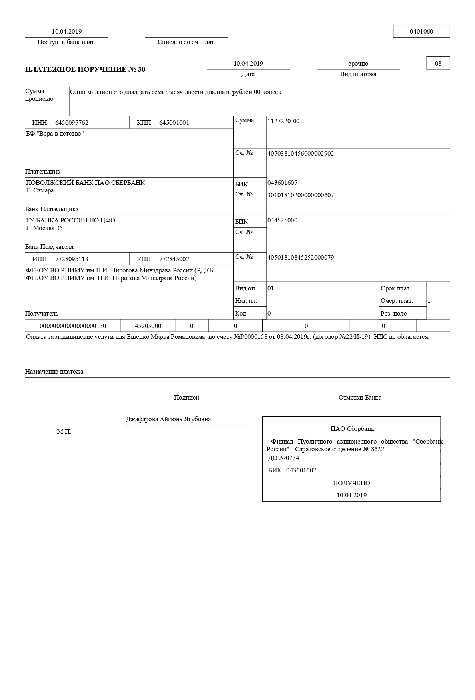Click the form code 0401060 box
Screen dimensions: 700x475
pos(421,31)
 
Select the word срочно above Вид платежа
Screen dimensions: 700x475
pos(358,64)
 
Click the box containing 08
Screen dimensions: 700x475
pos(438,63)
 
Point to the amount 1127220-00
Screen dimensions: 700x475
pos(283,121)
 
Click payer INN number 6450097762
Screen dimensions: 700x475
pos(72,123)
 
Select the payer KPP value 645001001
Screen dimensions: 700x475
pos(174,123)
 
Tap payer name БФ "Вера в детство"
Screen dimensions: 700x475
pos(55,134)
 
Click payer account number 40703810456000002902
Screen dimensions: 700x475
pos(300,154)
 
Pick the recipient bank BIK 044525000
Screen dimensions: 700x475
pos(282,220)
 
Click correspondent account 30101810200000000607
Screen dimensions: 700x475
pos(300,195)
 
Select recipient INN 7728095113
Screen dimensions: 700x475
pos(72,259)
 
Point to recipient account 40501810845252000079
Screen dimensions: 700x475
pos(300,258)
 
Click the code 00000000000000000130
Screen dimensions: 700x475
pos(73,326)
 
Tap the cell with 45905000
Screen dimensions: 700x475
pos(148,326)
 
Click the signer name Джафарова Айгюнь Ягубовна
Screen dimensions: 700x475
pos(168,419)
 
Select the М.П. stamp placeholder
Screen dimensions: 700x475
pos(64,432)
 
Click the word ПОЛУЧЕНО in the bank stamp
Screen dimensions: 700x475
pos(351,483)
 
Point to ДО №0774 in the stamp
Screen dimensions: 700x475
pos(283,458)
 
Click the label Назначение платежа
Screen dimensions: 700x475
pos(54,372)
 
